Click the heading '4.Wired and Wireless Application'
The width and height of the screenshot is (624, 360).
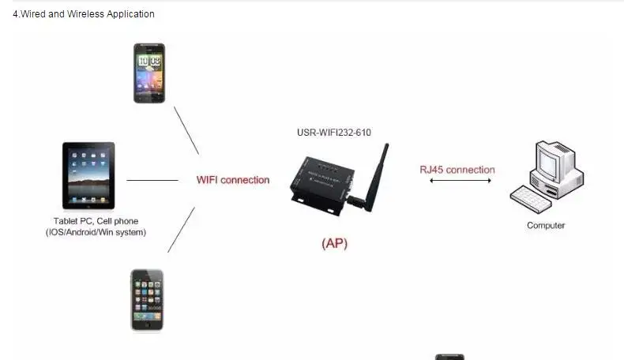click(x=84, y=14)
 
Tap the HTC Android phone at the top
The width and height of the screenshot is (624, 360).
click(x=149, y=73)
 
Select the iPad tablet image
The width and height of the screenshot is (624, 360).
click(x=88, y=175)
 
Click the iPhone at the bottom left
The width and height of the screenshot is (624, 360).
click(x=147, y=300)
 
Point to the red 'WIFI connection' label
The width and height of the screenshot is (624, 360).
click(x=233, y=180)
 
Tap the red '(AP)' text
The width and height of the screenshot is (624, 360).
click(x=334, y=244)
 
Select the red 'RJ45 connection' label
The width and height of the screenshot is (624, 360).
click(x=457, y=170)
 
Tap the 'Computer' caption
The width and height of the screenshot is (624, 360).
click(x=546, y=226)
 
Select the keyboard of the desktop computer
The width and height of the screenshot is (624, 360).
click(x=530, y=199)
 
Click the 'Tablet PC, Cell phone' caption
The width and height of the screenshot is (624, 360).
click(x=96, y=221)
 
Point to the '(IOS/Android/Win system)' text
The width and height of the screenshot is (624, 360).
click(x=96, y=232)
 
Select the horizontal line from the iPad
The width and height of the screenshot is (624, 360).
click(x=152, y=180)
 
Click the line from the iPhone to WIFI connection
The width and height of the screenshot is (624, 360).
click(x=181, y=230)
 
